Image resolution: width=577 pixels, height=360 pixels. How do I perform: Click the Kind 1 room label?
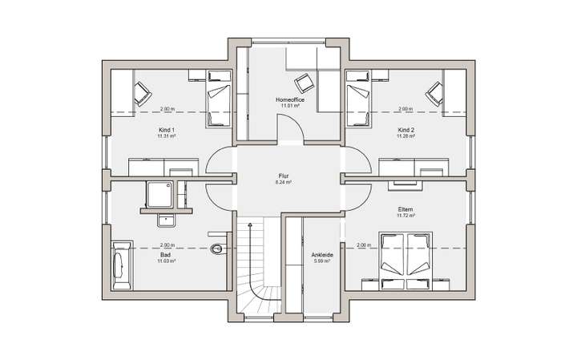click(x=167, y=130)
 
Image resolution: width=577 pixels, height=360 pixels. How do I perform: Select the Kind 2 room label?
click(x=406, y=130)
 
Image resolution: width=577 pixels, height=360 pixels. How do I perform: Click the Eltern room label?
click(x=406, y=210)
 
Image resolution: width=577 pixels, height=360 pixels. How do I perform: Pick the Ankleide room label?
click(x=321, y=256)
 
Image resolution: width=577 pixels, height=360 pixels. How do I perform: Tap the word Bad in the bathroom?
click(x=166, y=254)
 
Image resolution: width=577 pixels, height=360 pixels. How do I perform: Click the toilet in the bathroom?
click(x=217, y=249)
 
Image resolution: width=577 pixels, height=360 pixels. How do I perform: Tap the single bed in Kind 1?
click(x=218, y=100)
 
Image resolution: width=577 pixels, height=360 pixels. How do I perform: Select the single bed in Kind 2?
click(x=357, y=100)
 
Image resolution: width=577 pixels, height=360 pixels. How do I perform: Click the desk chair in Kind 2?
click(x=435, y=93)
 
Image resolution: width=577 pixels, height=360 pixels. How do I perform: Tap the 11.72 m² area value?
click(x=406, y=216)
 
